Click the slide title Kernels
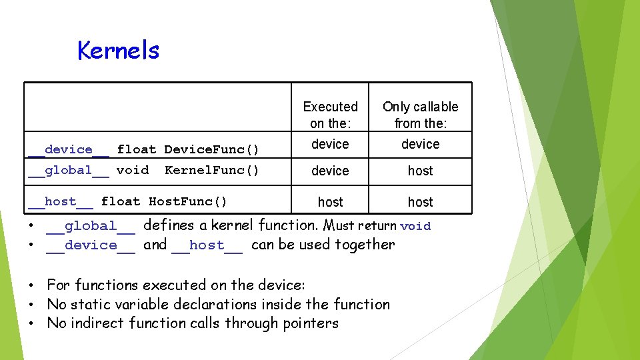(x=119, y=50)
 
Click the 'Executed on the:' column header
(x=330, y=115)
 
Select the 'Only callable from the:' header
(x=420, y=115)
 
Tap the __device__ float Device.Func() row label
(x=143, y=149)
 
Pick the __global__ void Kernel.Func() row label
(x=143, y=170)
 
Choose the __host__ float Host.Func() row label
(x=127, y=201)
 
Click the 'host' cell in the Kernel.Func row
(x=420, y=171)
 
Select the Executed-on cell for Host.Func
(x=330, y=202)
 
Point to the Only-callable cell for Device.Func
(x=420, y=144)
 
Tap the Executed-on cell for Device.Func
(x=330, y=144)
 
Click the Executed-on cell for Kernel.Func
(x=330, y=171)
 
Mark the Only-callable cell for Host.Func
(x=420, y=202)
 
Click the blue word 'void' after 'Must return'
(x=415, y=226)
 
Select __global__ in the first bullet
(x=91, y=227)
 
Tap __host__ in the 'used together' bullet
(x=207, y=245)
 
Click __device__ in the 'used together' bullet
(x=91, y=245)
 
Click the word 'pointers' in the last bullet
(x=310, y=323)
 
